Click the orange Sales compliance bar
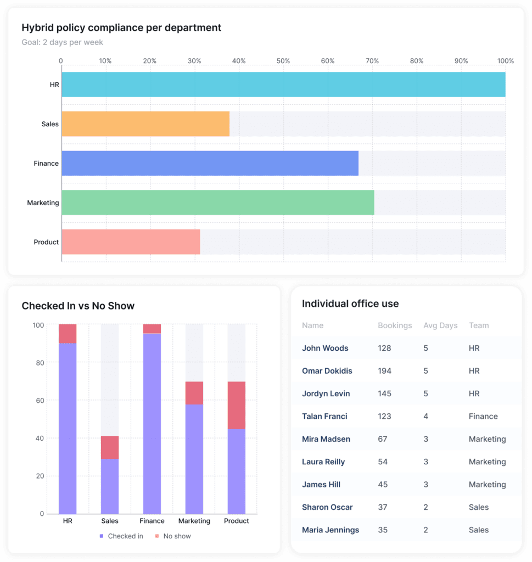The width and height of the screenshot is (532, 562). [145, 124]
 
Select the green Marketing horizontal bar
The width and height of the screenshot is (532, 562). [217, 203]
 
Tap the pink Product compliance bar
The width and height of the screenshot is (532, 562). [131, 242]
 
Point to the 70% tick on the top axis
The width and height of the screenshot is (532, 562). [372, 61]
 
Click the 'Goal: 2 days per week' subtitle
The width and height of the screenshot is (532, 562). [62, 42]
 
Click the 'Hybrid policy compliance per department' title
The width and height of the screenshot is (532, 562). [121, 27]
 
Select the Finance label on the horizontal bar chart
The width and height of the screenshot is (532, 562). [46, 164]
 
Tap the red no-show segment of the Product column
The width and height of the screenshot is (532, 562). [236, 405]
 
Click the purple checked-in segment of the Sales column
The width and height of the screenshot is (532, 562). [110, 486]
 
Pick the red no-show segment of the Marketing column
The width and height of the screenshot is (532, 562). [194, 393]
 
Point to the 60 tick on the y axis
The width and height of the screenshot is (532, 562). [38, 401]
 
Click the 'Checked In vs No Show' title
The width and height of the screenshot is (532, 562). [78, 306]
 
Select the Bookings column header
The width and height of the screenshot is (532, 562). [395, 325]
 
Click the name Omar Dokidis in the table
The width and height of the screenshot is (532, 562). [327, 371]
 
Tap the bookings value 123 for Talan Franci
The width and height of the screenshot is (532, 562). [384, 417]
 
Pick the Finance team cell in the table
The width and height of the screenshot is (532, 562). [483, 417]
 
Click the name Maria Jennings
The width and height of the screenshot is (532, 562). [331, 530]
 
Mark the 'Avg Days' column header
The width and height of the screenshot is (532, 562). [440, 325]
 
